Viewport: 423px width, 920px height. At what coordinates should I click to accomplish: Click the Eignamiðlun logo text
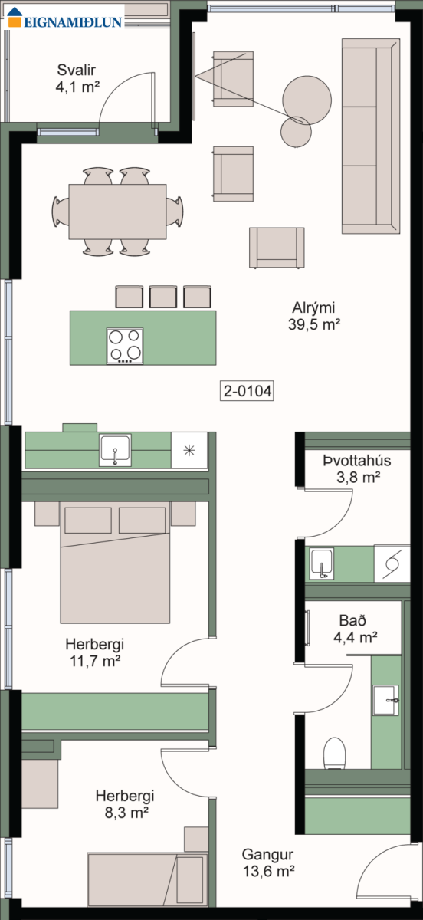[x=73, y=21]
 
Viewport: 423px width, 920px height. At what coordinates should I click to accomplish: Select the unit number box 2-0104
[x=247, y=390]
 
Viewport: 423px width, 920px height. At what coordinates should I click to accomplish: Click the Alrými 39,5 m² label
[x=314, y=316]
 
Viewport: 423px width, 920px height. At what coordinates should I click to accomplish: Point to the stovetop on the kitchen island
[x=125, y=346]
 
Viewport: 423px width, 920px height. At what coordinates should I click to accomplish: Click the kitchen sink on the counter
[x=115, y=450]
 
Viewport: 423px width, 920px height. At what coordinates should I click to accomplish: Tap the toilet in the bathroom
[x=334, y=753]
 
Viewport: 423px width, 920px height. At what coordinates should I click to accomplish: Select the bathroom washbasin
[x=385, y=700]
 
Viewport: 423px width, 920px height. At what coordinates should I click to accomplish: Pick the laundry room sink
[x=322, y=563]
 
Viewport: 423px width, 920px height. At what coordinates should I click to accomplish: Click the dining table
[x=117, y=212]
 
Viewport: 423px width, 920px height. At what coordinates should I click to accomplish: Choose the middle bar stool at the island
[x=163, y=297]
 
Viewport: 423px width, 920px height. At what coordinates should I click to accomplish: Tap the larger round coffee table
[x=307, y=100]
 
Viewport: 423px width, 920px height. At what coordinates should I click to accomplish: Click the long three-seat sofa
[x=371, y=136]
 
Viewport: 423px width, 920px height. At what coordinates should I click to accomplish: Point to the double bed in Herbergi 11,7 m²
[x=115, y=562]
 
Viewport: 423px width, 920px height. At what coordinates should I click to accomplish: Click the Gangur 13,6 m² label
[x=268, y=862]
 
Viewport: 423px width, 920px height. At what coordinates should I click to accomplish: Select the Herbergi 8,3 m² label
[x=125, y=803]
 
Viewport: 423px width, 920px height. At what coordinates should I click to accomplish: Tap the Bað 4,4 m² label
[x=356, y=629]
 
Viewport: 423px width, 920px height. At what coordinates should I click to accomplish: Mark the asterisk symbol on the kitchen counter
[x=189, y=450]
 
